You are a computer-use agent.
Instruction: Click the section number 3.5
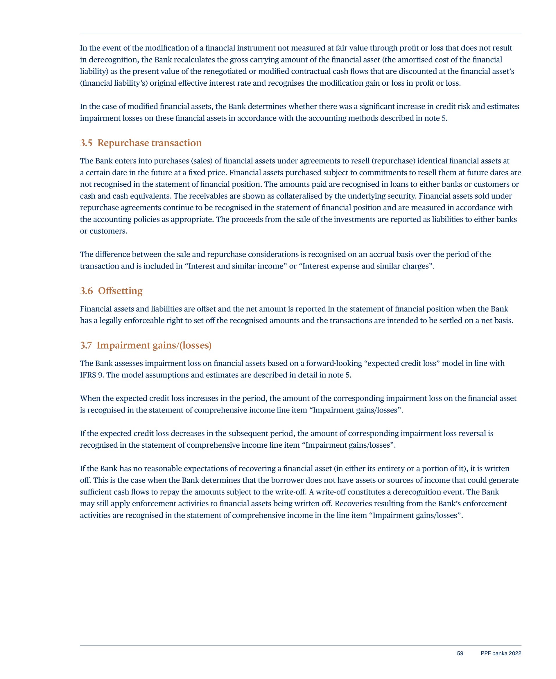tap(86, 143)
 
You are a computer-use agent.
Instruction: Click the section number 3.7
tap(85, 345)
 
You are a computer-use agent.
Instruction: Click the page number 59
tap(460, 653)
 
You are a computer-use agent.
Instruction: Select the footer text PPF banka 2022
tap(501, 653)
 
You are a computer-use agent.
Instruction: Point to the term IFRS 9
tap(92, 375)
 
